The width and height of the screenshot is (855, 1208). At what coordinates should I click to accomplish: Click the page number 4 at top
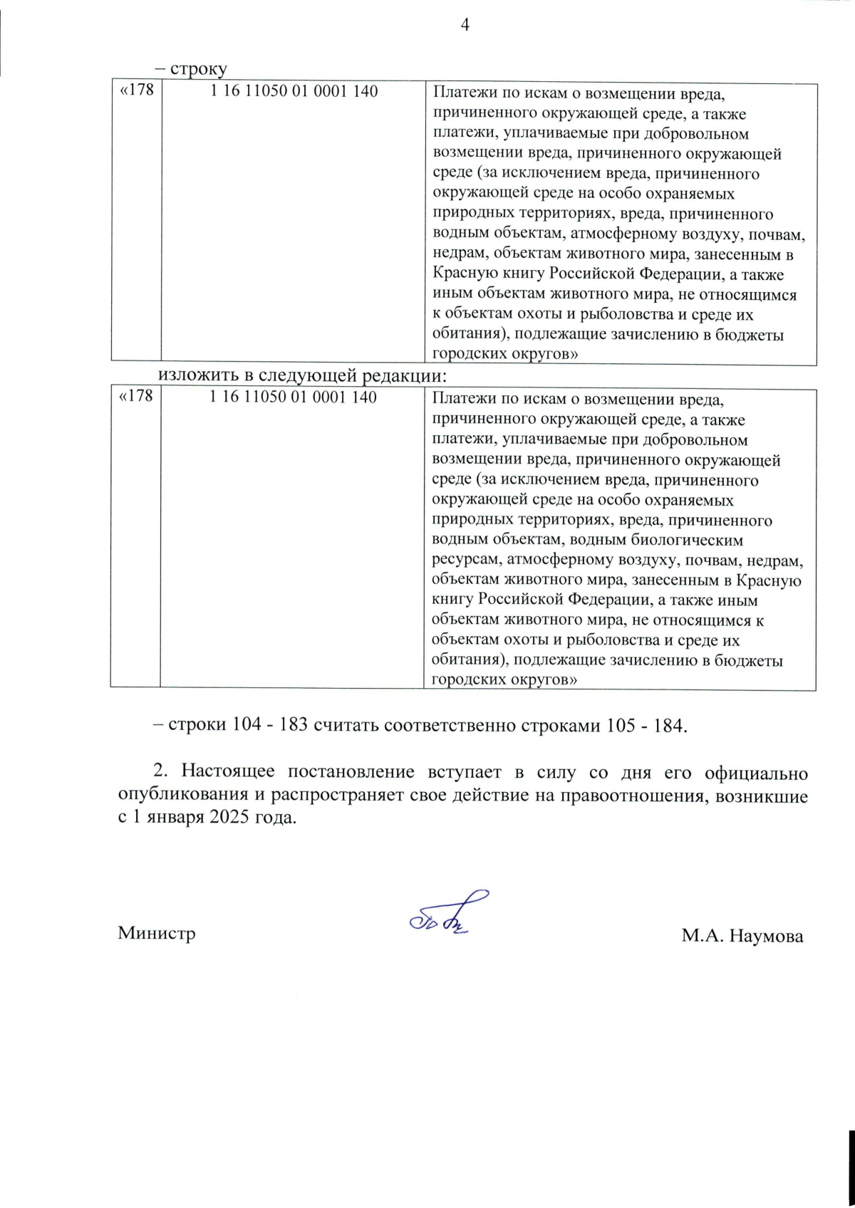click(465, 26)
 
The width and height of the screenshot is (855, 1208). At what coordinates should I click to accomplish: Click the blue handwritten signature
click(447, 913)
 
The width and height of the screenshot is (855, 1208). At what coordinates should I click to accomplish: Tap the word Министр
click(157, 933)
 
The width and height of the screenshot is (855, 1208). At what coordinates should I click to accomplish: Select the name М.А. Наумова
click(742, 936)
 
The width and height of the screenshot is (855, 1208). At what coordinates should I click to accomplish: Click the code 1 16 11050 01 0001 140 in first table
click(294, 92)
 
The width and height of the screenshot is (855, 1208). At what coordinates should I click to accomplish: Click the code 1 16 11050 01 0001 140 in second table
click(293, 397)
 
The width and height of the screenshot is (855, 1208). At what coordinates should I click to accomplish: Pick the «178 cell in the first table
click(136, 91)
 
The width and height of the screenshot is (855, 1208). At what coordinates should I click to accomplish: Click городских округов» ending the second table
click(504, 679)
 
